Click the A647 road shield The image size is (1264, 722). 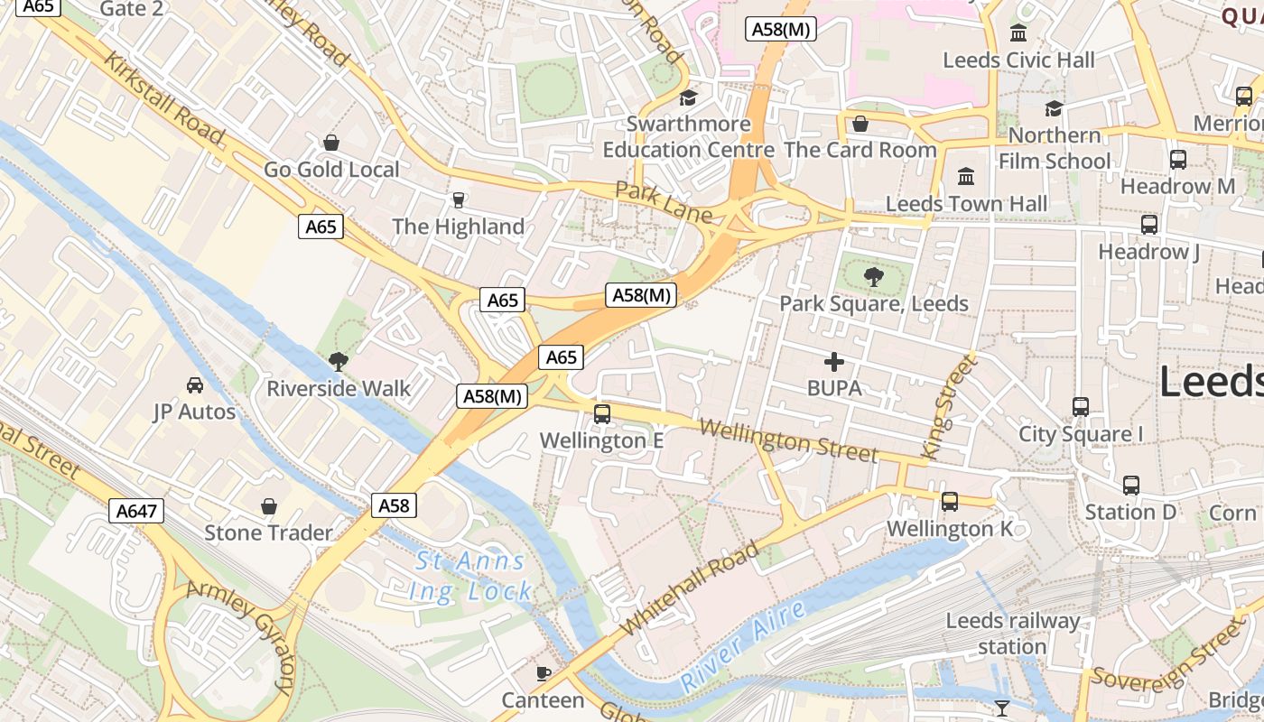point(137,511)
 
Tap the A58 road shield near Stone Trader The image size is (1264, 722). point(394,505)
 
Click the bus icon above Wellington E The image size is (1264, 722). point(602,414)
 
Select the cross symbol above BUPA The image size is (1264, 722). point(834,363)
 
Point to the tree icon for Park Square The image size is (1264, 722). point(873,277)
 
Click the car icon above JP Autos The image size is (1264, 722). point(194,386)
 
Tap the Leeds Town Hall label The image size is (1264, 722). point(966,203)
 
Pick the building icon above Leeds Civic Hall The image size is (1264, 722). point(1018,34)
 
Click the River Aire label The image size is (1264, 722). point(743,647)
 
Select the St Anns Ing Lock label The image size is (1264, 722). point(470,576)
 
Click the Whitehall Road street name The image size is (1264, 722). point(691,589)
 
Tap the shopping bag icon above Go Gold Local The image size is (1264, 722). point(331,143)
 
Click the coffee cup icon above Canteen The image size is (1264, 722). point(544,673)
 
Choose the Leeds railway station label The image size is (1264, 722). point(1012,634)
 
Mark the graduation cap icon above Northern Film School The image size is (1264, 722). point(1054,109)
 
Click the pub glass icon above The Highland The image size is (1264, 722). point(459,199)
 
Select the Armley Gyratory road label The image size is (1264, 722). point(242,635)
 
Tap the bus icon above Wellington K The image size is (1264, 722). point(949,502)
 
